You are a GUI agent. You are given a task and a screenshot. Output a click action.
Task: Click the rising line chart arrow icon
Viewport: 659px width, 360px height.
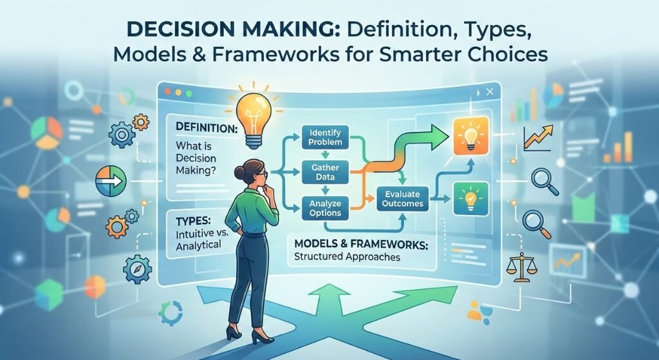[540, 136]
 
